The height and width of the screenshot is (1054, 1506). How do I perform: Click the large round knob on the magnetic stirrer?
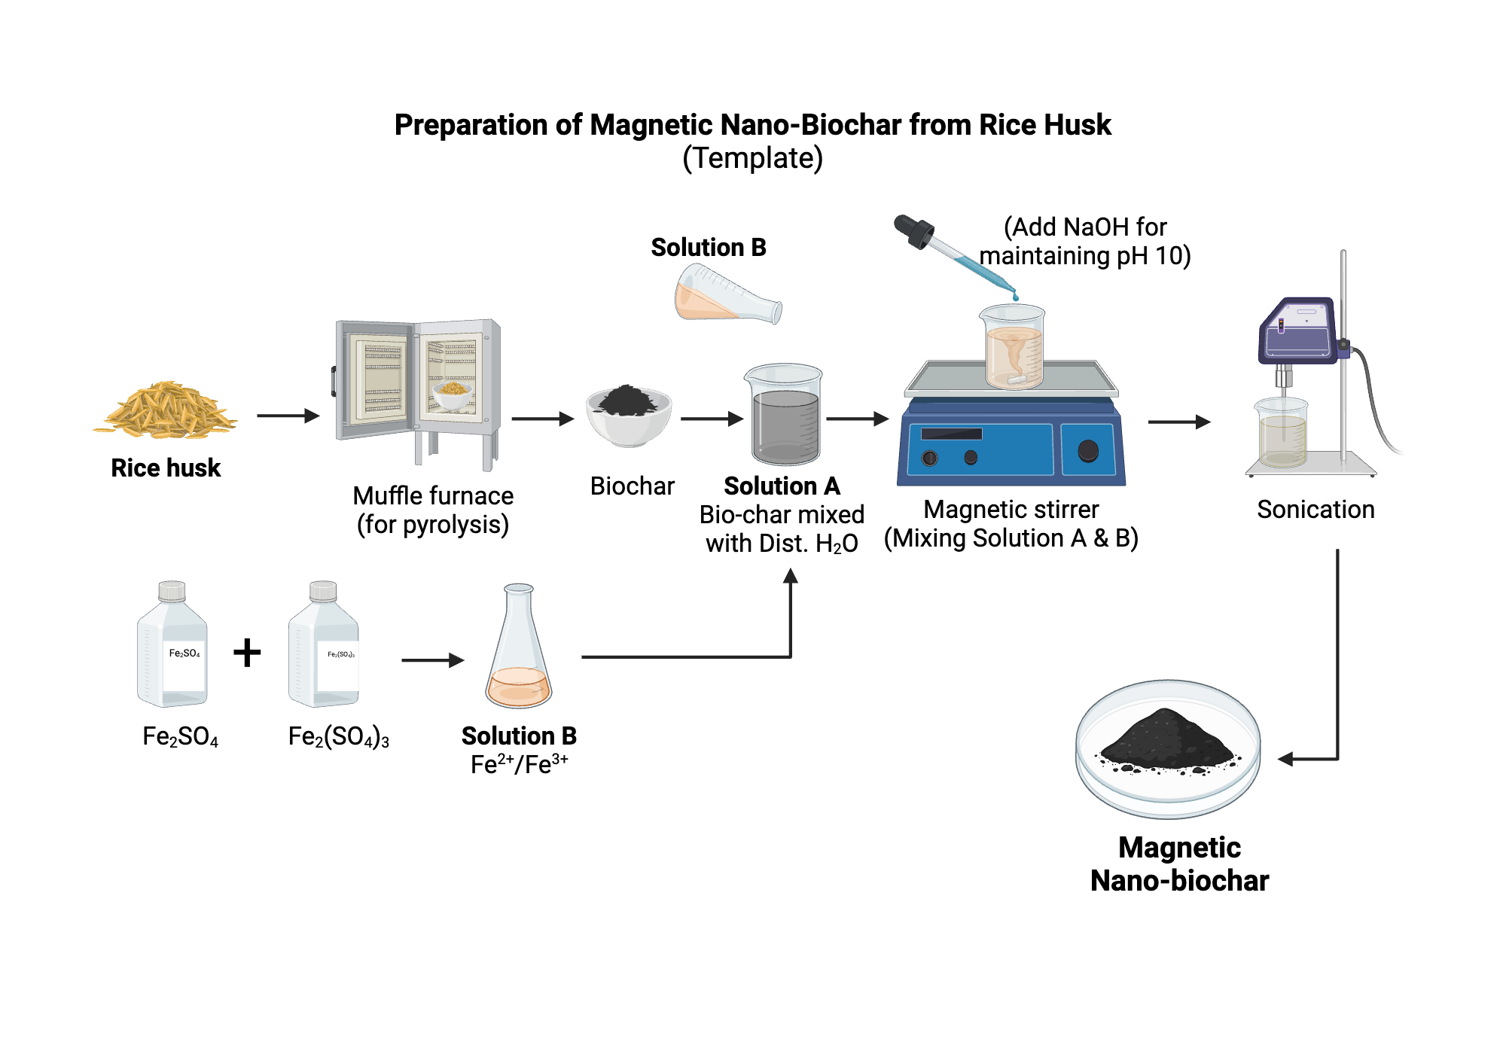[x=1087, y=451]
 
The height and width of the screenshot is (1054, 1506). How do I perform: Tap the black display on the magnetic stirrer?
[x=951, y=434]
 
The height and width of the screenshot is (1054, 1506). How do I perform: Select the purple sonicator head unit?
[x=1299, y=331]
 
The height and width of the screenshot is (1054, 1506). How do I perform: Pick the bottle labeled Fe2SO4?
[x=172, y=647]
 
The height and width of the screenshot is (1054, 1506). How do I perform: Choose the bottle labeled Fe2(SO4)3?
[x=324, y=647]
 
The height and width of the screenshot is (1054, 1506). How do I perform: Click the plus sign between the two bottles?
[x=247, y=652]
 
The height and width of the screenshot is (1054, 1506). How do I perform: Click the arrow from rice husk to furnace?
[x=288, y=416]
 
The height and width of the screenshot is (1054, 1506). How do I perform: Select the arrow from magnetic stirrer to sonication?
[x=1178, y=422]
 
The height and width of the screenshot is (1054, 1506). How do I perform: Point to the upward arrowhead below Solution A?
[x=790, y=577]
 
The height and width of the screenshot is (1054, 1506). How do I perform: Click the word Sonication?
[x=1315, y=510]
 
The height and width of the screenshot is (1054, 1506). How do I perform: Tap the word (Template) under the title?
[x=752, y=159]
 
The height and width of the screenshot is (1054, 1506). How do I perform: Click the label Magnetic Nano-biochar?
[x=1179, y=864]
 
